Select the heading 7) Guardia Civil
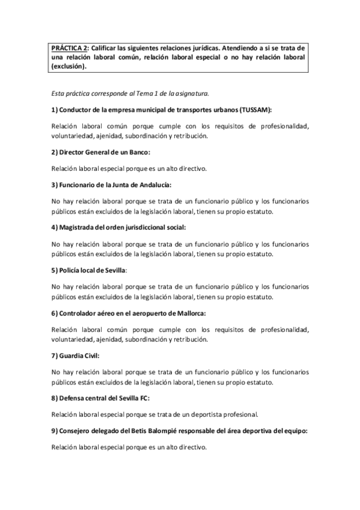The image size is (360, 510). tap(76, 355)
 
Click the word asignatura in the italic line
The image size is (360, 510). tap(190, 94)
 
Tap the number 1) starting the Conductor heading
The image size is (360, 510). tap(55, 110)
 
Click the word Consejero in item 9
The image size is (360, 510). tap(77, 430)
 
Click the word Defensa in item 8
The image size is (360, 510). tap(73, 398)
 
